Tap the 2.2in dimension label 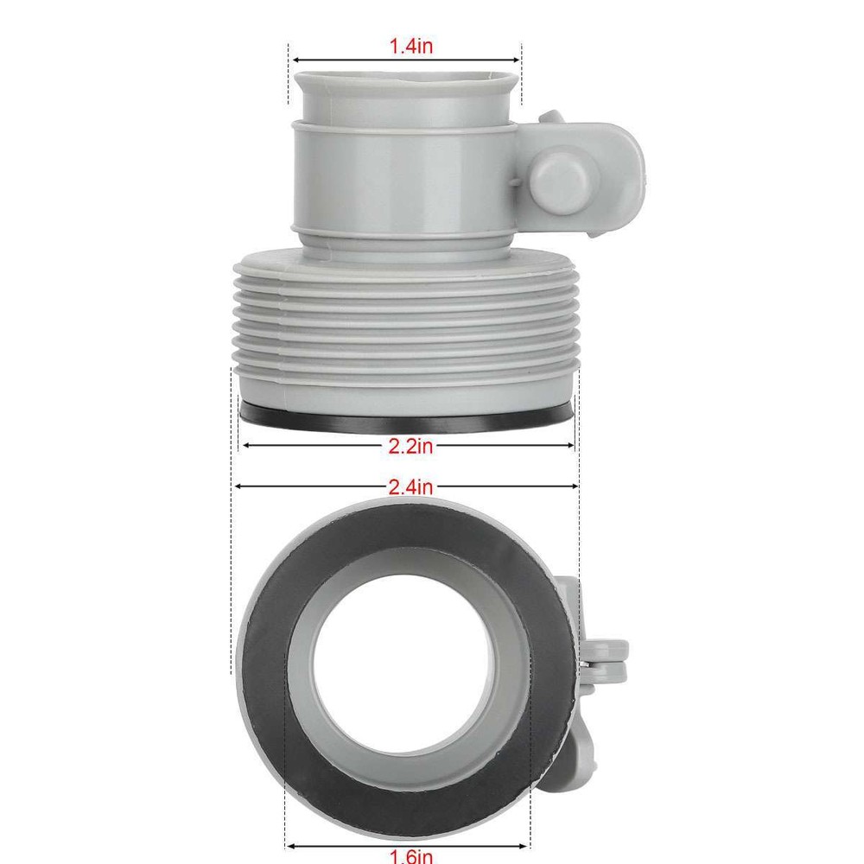pos(410,446)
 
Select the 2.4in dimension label pos(410,487)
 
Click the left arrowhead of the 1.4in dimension pos(294,60)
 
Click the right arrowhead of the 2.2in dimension pos(570,446)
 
